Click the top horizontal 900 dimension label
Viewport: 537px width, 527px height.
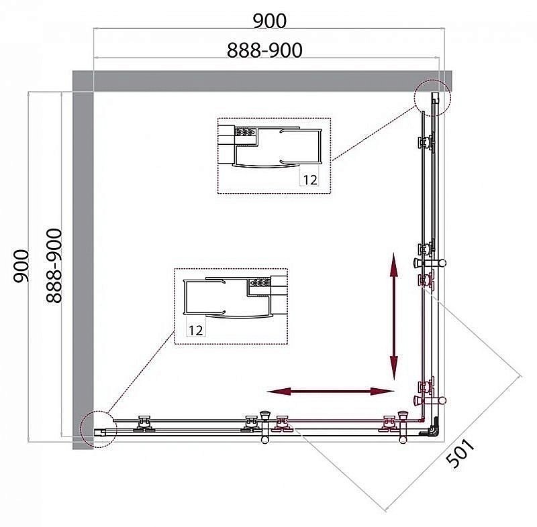coord(270,21)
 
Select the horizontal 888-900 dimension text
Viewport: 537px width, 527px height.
coord(264,50)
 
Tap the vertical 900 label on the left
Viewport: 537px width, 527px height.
coord(21,266)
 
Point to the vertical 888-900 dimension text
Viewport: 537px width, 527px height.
coord(54,266)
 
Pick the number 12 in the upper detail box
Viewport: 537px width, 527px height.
coord(310,180)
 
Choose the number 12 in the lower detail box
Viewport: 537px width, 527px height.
coord(195,331)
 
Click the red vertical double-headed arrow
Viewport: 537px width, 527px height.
coord(394,316)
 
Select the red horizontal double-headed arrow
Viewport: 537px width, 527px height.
coord(330,392)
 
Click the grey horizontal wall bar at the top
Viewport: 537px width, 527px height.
coord(262,81)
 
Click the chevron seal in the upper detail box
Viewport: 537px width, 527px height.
coord(246,131)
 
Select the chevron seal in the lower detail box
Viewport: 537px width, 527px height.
coord(260,283)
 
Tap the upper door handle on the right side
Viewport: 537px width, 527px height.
coord(430,263)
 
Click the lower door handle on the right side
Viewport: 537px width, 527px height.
coord(430,400)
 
